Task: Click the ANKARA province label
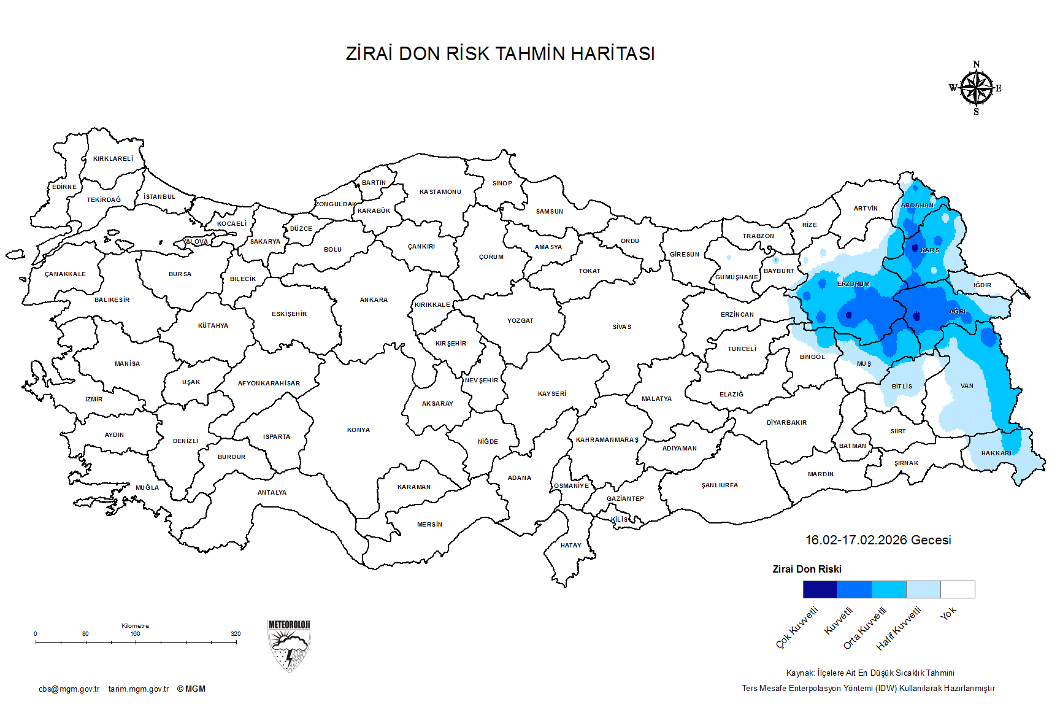(x=374, y=300)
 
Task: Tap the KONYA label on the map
(x=358, y=430)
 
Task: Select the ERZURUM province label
(x=853, y=284)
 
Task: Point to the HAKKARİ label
(x=996, y=454)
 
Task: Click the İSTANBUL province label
(x=159, y=197)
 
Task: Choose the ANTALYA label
(x=272, y=493)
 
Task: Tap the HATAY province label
(x=570, y=546)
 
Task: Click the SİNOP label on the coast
(x=502, y=184)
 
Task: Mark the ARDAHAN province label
(x=917, y=206)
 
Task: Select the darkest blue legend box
(x=820, y=590)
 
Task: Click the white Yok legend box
(x=958, y=590)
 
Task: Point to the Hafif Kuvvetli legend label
(x=899, y=628)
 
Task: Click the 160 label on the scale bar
(x=135, y=634)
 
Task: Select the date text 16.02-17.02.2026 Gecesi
(x=878, y=540)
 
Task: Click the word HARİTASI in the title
(x=612, y=54)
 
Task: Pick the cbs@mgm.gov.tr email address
(x=69, y=689)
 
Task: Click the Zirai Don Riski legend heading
(x=807, y=570)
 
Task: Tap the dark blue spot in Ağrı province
(x=916, y=317)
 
